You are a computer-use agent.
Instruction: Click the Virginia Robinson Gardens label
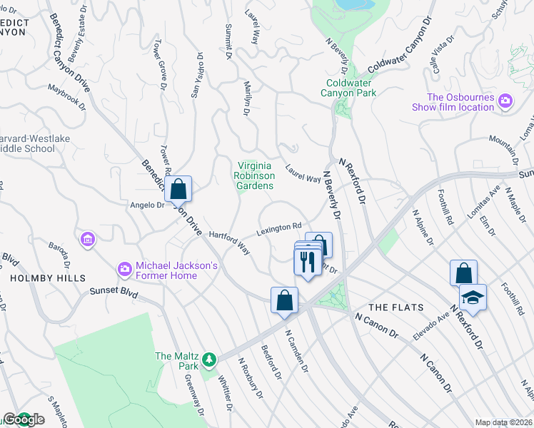point(255,175)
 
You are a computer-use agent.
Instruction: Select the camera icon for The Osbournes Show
point(505,101)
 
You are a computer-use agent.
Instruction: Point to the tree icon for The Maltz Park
point(208,359)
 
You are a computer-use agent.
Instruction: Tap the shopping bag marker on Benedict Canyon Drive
point(178,190)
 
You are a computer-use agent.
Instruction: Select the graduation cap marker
point(473,297)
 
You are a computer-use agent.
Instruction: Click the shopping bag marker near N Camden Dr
point(284,300)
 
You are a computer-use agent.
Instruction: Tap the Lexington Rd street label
point(279,230)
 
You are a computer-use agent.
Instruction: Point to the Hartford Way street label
point(228,241)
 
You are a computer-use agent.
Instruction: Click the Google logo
point(23,419)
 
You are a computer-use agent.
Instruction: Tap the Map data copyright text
point(504,422)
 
